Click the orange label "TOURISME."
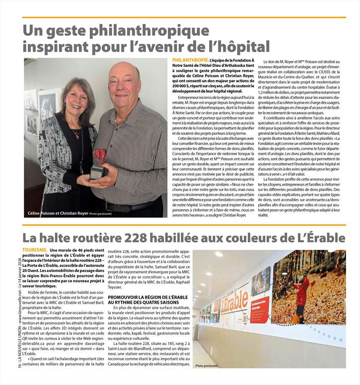pos(35,250)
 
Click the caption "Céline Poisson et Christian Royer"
pos(57,213)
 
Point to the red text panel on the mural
pos(259,308)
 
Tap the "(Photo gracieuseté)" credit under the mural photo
pos(206,366)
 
